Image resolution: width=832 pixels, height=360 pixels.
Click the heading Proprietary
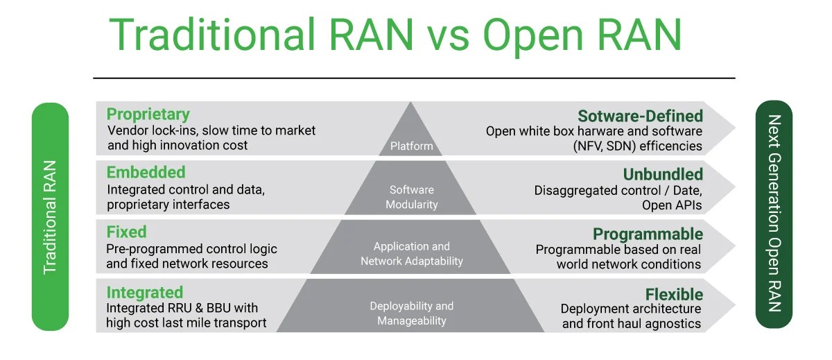coord(148,115)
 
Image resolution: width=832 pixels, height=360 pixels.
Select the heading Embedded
coord(146,173)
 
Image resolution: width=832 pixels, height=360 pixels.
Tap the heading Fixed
coord(126,232)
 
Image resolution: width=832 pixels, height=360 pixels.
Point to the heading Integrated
coord(145,293)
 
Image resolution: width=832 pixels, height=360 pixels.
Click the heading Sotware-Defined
coord(641,116)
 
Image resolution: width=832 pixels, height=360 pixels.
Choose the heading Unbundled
coord(663,174)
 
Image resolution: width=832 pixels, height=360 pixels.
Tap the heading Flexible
coord(674,295)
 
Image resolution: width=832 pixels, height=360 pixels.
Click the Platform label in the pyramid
coord(412,146)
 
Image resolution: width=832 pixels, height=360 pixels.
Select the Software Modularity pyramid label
coord(412,197)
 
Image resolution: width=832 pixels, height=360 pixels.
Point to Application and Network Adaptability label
coord(412,254)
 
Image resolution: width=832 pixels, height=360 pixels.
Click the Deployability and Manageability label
coord(412,314)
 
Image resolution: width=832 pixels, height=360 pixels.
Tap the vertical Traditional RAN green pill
coord(50,217)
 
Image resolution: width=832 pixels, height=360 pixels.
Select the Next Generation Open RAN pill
coord(774,214)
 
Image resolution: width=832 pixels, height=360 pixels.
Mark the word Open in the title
coord(532,36)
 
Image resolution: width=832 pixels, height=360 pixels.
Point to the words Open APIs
coord(672,205)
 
